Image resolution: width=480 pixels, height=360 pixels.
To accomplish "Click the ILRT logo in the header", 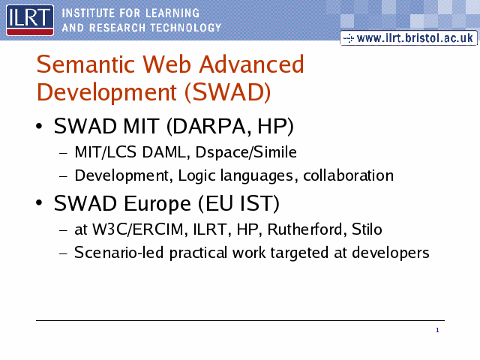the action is [30, 20].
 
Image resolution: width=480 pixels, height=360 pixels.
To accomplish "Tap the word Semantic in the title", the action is [85, 64].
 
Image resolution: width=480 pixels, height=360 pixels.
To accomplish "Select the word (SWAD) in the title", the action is [227, 92].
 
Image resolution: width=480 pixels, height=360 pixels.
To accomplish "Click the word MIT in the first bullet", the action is [141, 126].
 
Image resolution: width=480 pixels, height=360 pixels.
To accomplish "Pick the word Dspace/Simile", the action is [246, 152].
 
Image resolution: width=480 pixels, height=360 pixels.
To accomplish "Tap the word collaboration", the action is [348, 175].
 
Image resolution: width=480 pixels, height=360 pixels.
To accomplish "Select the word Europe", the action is [157, 204].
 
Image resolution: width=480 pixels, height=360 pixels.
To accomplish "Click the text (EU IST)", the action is [238, 203].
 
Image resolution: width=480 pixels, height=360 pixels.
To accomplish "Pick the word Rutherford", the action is [307, 229].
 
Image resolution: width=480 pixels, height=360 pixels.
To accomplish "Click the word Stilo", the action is [367, 229].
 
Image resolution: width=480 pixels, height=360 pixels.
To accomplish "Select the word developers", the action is [391, 253].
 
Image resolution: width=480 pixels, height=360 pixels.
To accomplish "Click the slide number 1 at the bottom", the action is [437, 330].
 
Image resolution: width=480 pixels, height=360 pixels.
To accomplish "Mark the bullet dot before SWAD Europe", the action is [39, 202].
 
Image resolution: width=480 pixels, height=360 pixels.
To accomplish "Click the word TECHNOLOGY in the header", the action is [185, 28].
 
